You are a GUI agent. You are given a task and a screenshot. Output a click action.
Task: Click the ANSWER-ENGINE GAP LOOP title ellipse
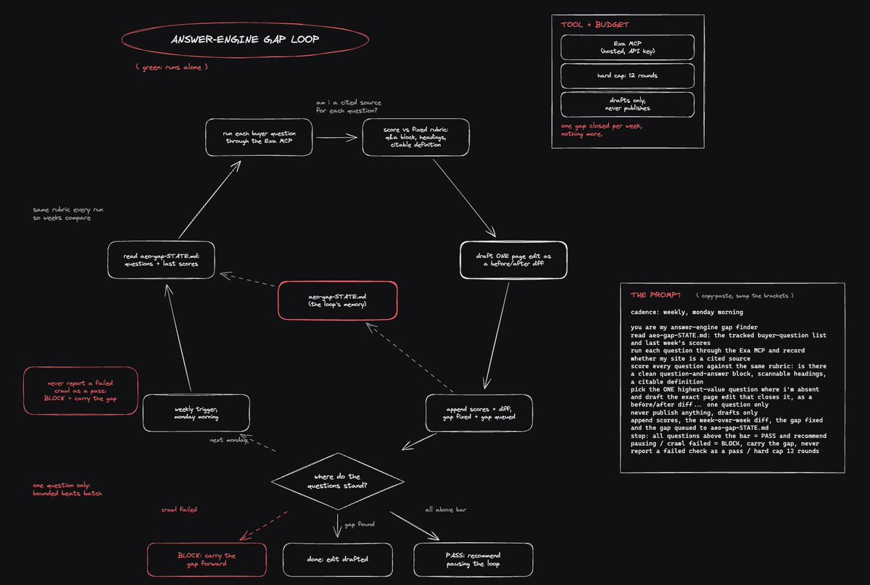coord(245,22)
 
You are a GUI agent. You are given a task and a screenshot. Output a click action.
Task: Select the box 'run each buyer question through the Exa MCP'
coord(259,137)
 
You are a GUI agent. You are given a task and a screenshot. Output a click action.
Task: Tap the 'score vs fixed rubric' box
coord(415,137)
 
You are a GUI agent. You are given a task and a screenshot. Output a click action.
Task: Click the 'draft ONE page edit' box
coord(513,260)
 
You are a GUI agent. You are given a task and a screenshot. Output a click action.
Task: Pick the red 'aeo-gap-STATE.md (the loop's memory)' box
coord(338,301)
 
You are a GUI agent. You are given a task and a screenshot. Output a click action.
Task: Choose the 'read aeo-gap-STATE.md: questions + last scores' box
coord(161,260)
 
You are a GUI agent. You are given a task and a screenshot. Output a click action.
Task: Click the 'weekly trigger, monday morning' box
coord(196,413)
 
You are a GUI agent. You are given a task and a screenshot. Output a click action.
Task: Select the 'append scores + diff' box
coord(479,413)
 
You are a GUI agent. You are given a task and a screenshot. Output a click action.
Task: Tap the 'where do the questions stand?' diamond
coord(338,481)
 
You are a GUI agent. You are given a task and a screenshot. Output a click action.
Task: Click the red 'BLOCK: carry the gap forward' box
coord(207,560)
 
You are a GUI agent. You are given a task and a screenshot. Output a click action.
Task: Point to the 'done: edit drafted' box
coord(338,560)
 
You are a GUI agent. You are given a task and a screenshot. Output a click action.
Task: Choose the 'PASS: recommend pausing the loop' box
coord(473,560)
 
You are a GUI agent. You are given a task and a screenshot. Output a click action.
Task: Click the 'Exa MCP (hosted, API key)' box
coord(627,47)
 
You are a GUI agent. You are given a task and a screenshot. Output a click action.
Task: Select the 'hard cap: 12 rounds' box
coord(627,75)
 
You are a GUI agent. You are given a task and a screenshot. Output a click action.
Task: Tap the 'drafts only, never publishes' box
coord(627,104)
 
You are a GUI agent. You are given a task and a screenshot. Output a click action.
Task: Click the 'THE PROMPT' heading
coord(655,295)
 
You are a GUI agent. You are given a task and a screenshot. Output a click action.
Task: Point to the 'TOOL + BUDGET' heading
coord(594,25)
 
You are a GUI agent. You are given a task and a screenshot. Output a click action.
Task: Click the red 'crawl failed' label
coord(179,510)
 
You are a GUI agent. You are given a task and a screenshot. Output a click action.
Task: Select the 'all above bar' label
coord(445,510)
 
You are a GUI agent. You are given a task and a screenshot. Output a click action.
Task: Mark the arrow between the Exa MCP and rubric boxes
coord(336,137)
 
